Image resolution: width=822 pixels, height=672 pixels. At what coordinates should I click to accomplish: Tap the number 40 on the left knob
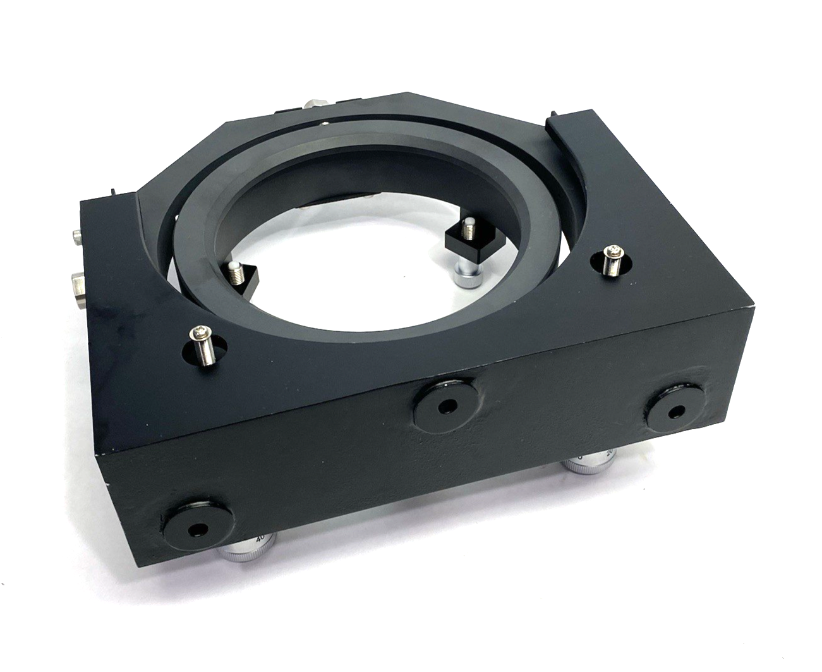[259, 539]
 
